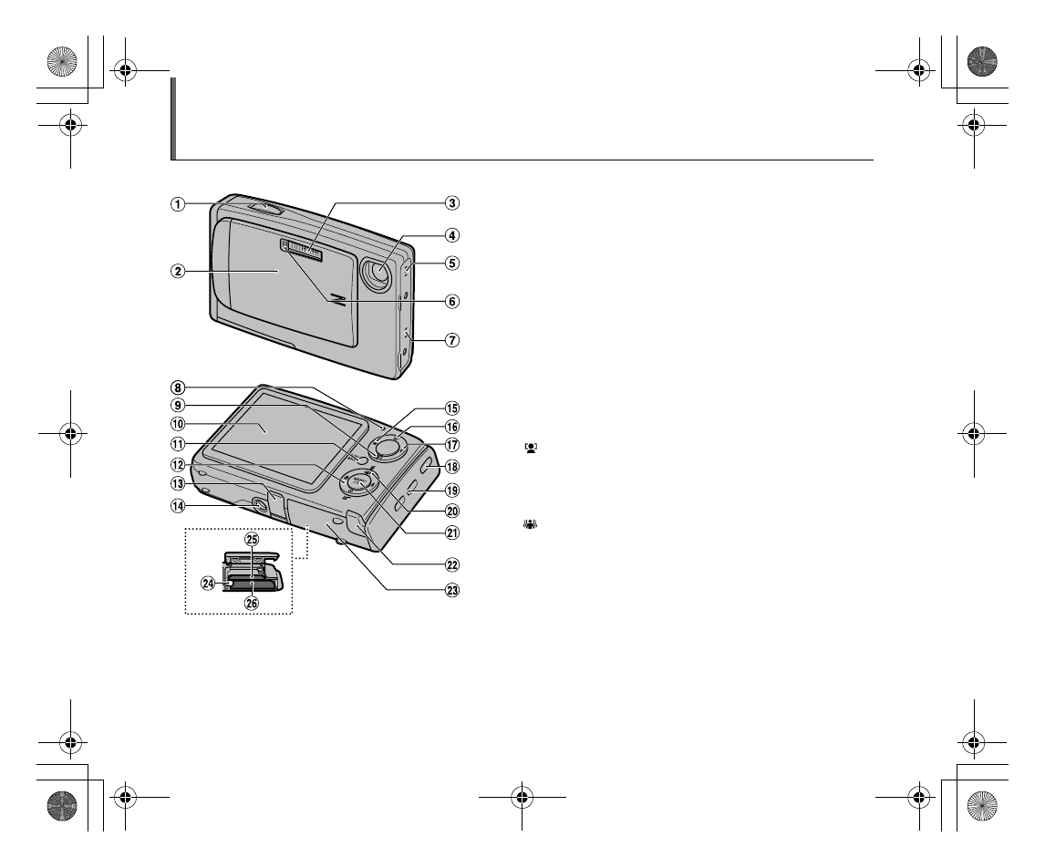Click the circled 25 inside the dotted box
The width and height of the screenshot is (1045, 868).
coord(251,540)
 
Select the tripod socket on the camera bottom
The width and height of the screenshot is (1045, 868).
coord(254,505)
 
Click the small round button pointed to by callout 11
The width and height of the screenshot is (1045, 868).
coord(364,461)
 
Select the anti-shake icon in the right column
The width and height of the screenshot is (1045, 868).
coord(531,525)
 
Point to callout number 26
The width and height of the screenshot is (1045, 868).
coord(251,602)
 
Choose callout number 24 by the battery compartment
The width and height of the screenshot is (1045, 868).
coord(208,584)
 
